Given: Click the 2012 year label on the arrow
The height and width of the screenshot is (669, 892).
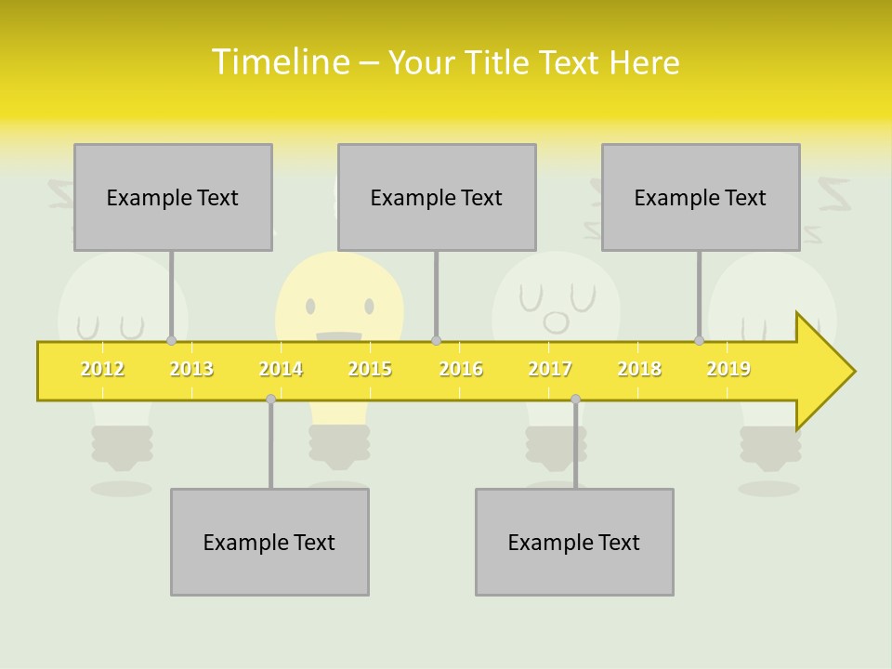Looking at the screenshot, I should point(102,370).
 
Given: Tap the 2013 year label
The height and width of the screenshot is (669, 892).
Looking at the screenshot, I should point(191,370).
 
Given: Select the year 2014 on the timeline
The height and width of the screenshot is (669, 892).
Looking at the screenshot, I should point(281,370).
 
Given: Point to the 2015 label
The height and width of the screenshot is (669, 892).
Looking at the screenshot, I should point(370,370).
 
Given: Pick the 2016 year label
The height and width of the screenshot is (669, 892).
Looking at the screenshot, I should point(461,370).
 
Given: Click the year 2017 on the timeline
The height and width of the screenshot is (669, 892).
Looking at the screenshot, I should point(550,370).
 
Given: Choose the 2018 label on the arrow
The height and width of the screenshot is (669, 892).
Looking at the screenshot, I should point(639,370).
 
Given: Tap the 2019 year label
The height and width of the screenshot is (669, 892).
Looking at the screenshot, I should point(728,370).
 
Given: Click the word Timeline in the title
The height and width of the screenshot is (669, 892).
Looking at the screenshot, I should point(280,62).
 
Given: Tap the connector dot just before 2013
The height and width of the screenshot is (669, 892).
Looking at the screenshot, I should point(171,341).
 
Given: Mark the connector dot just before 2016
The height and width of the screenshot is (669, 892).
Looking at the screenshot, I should point(436,341).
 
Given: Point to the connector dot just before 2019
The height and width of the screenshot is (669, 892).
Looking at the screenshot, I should point(699,341).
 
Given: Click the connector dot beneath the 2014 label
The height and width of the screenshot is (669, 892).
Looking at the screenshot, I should point(270,399).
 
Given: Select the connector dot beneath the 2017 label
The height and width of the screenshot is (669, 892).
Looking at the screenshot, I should point(575,399).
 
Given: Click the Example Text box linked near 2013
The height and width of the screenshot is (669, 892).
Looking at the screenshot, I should point(173,197).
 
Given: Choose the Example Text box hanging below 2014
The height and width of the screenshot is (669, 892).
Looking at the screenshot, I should point(269,542).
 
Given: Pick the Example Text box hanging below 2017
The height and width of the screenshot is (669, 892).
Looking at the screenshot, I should point(574,542).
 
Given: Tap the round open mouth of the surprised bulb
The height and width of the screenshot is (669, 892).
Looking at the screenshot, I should point(556,321).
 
